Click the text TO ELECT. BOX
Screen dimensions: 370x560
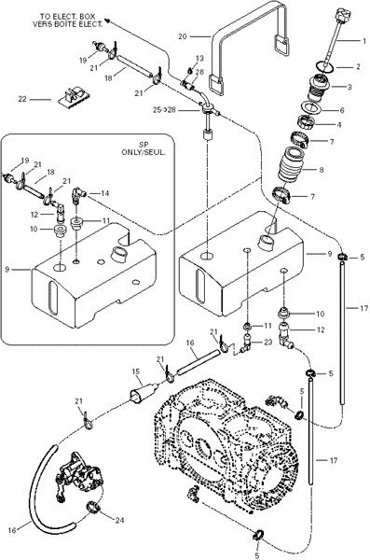pos(68,17)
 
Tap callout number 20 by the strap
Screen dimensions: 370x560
pos(183,36)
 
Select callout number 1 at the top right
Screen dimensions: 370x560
pos(364,41)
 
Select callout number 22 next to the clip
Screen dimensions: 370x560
pos(22,99)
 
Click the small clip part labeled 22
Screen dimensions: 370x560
pos(74,97)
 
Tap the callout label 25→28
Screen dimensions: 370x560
pos(164,110)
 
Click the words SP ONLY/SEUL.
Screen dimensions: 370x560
pos(144,149)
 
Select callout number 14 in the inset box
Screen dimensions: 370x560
pos(104,193)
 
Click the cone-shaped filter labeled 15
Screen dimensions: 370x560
pos(143,393)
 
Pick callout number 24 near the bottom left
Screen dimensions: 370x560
pos(119,520)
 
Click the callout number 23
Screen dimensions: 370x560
pos(267,343)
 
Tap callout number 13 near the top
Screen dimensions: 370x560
pos(199,58)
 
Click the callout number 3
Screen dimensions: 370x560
pos(349,87)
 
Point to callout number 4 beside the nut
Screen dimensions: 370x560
pos(338,125)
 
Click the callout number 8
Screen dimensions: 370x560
pos(322,170)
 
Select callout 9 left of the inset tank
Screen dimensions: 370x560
pos(7,270)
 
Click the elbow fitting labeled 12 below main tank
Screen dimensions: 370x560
pos(286,336)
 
